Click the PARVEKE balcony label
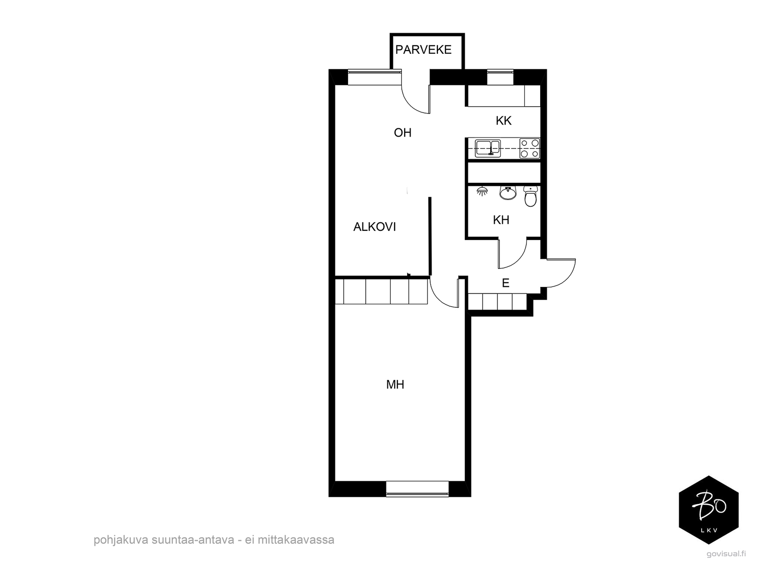pos(423,50)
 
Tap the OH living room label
pos(403,132)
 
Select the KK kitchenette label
pos(503,121)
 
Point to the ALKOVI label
pos(374,227)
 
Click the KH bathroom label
pos(501,220)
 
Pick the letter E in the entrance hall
pos(506,283)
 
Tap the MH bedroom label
pos(395,385)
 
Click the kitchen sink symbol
pos(488,148)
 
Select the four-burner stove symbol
pos(529,149)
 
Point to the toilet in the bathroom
pos(531,196)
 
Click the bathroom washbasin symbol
pos(508,193)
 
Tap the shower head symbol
pos(483,191)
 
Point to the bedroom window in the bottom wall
pos(417,489)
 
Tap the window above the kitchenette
pos(500,77)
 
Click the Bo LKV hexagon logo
pos(709,510)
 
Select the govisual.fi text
pos(726,554)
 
